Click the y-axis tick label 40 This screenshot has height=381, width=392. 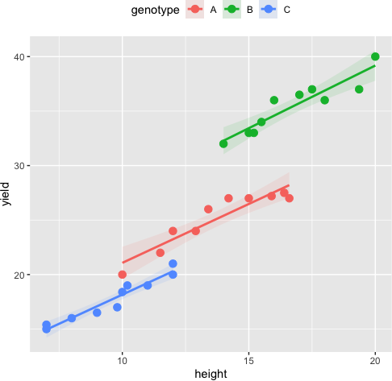pyautogui.click(x=19, y=56)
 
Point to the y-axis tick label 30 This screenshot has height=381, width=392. pyautogui.click(x=19, y=166)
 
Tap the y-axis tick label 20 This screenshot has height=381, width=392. pyautogui.click(x=19, y=275)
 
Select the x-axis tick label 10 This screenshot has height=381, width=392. pyautogui.click(x=122, y=362)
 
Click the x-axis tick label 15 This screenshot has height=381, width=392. pyautogui.click(x=248, y=362)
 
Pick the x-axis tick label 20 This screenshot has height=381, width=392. pyautogui.click(x=375, y=362)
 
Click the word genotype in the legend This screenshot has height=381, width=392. pyautogui.click(x=154, y=10)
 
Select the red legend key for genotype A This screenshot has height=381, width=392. pyautogui.click(x=194, y=10)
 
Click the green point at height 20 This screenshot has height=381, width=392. pyautogui.click(x=375, y=56)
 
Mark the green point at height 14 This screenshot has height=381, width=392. pyautogui.click(x=223, y=143)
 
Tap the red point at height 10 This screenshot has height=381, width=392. pyautogui.click(x=122, y=275)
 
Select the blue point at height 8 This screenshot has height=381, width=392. pyautogui.click(x=72, y=318)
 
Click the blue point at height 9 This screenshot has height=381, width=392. pyautogui.click(x=97, y=313)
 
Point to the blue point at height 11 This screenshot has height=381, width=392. pyautogui.click(x=148, y=285)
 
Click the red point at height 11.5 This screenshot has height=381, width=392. pyautogui.click(x=161, y=253)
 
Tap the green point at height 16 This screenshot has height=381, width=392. pyautogui.click(x=274, y=100)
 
